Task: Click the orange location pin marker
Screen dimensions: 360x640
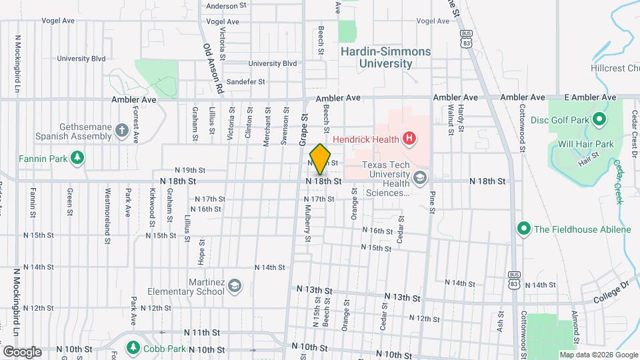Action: coord(321,159)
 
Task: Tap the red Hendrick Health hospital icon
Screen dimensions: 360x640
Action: coord(410,139)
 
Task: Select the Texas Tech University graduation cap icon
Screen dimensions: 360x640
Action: coord(419,177)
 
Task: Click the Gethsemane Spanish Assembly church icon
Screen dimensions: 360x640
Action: coord(121,131)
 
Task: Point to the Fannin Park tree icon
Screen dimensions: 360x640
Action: coord(79,158)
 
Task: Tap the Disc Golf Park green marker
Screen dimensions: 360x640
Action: coord(599,121)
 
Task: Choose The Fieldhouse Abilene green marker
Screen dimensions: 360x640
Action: coord(524,229)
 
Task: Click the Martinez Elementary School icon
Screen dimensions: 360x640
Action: coord(234,286)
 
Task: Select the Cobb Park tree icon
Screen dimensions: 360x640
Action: coord(133,348)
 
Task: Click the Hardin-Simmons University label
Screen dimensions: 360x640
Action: coord(385,57)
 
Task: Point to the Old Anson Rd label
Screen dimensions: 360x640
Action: coord(212,67)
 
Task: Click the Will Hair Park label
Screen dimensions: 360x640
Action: coord(585,144)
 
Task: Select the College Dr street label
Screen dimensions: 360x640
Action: coord(611,285)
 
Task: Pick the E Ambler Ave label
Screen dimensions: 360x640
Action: coord(590,97)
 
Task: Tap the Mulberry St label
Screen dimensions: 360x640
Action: coord(308,225)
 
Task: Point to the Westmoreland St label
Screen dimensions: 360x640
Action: coord(107,208)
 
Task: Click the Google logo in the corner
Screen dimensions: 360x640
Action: coord(22,351)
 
